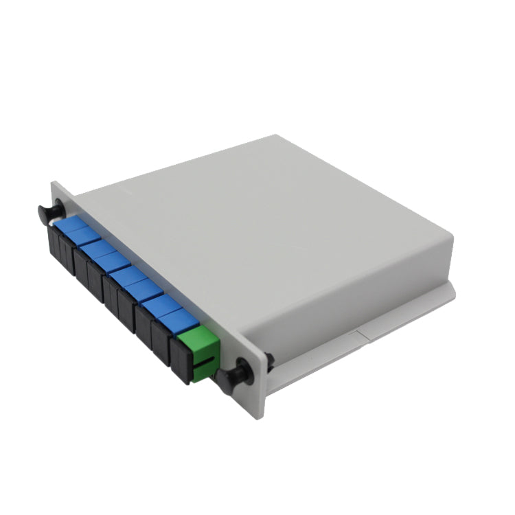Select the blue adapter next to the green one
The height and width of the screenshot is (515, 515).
180,321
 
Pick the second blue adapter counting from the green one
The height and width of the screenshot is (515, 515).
163,306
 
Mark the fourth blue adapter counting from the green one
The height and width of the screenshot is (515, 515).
129,275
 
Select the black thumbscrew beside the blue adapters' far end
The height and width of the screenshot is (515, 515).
49,209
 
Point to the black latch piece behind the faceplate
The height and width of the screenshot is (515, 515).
270,359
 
